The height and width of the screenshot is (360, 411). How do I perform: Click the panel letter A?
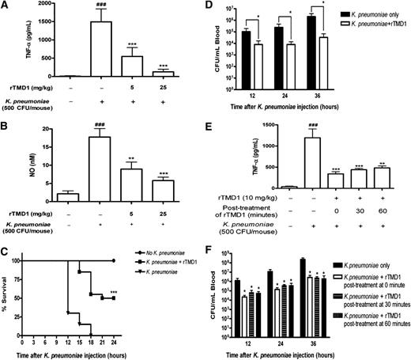[x=6, y=7]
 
